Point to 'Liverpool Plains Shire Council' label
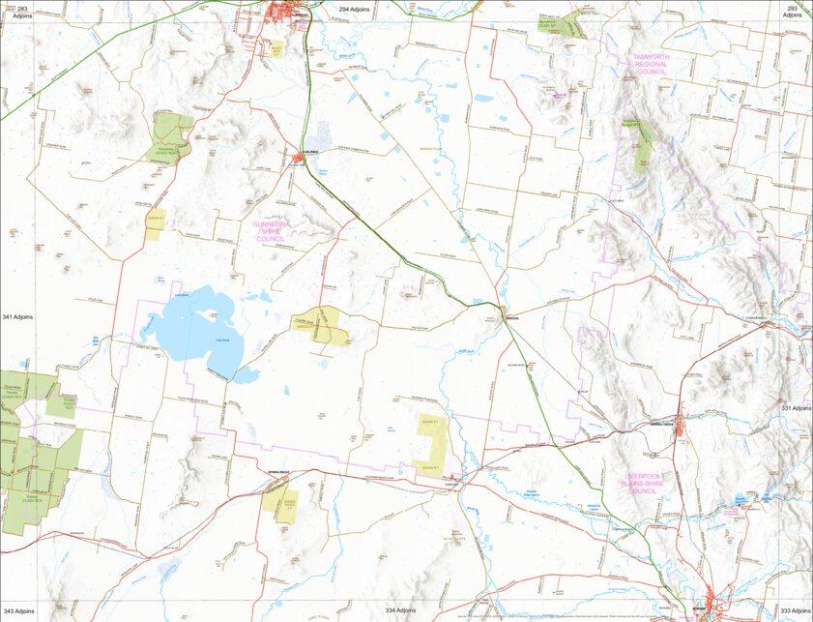[x=627, y=484]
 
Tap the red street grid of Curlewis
[x=299, y=158]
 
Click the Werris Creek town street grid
[x=680, y=426]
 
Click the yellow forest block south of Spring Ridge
[x=284, y=502]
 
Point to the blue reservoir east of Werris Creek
[x=740, y=500]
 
